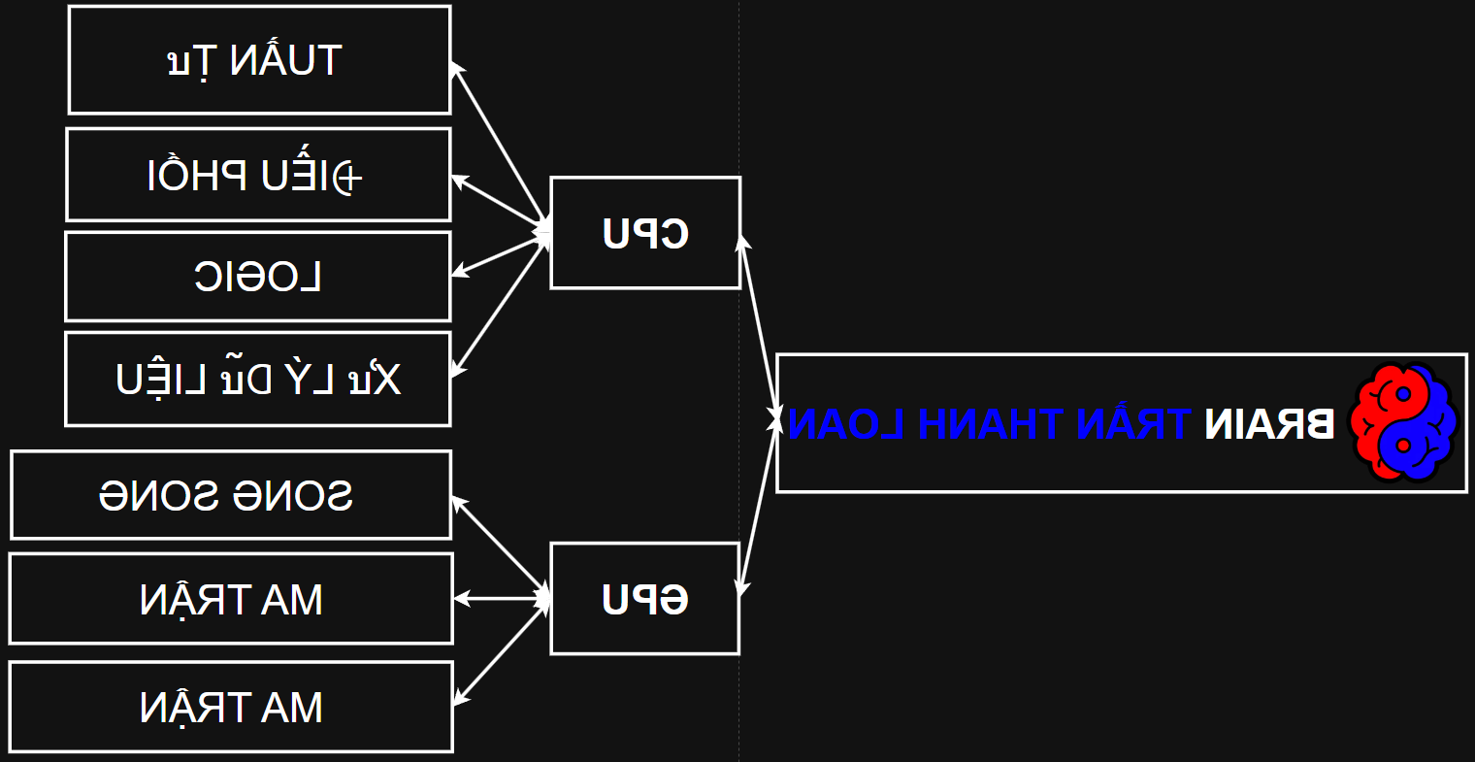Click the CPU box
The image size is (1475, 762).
[x=645, y=233]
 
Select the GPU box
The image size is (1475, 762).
[x=645, y=599]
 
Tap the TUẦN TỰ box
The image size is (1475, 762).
[x=259, y=60]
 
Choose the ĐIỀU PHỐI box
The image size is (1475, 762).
[x=258, y=175]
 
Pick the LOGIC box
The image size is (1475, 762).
[x=258, y=277]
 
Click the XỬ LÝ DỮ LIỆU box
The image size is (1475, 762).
[x=258, y=379]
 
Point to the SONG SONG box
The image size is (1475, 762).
[x=231, y=495]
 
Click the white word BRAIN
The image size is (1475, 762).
[x=1269, y=424]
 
